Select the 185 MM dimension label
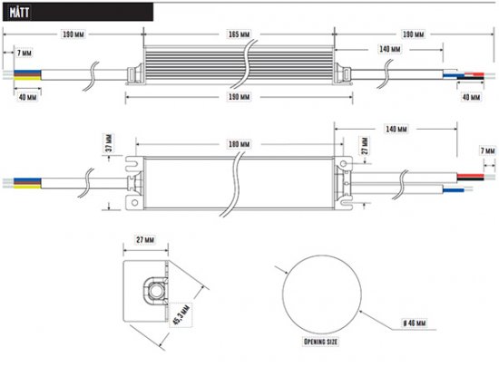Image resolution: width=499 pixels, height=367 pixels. (x=238, y=34)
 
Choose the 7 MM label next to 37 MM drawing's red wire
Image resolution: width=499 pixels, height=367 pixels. (x=487, y=150)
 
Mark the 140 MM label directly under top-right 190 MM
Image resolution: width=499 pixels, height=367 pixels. (x=390, y=50)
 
